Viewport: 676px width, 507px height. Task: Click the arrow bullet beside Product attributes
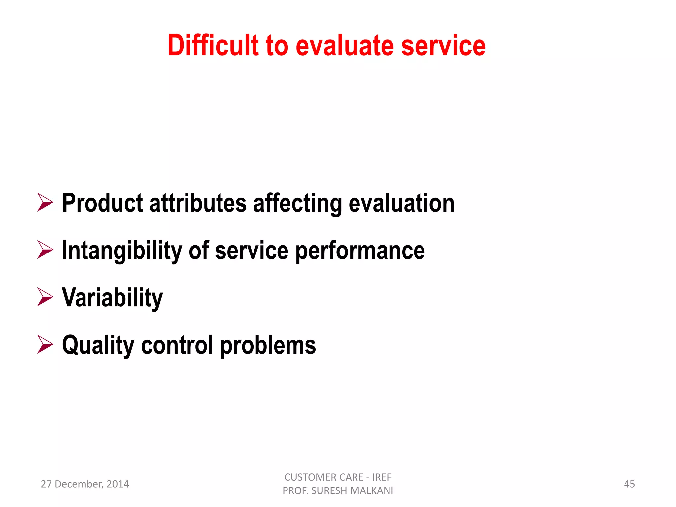click(x=45, y=202)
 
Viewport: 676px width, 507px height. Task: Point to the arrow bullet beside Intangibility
click(x=45, y=250)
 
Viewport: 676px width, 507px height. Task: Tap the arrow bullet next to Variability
click(x=45, y=297)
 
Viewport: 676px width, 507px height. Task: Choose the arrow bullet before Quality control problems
click(x=45, y=344)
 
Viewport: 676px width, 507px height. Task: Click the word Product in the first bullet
click(x=102, y=203)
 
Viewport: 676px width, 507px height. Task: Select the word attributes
click(x=198, y=203)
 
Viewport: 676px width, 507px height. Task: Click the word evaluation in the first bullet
click(x=401, y=203)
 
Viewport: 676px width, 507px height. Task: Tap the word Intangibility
click(x=122, y=250)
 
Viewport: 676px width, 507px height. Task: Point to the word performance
click(x=360, y=250)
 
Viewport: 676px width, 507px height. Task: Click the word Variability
click(x=113, y=297)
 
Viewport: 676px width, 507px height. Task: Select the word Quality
click(x=98, y=345)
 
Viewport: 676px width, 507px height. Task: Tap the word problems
click(x=268, y=345)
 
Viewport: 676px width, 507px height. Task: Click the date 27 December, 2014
click(x=85, y=484)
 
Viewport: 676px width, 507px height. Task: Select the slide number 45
click(x=629, y=484)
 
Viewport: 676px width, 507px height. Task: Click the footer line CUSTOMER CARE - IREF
click(x=338, y=477)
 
